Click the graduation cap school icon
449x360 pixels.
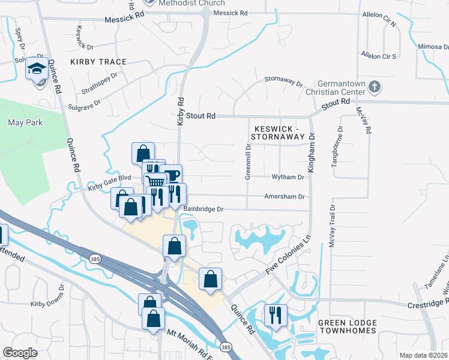point(37,70)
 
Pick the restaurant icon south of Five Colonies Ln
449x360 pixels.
point(276,314)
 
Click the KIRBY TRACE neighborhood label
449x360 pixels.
point(98,62)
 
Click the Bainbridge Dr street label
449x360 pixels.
point(203,209)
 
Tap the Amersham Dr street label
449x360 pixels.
point(285,196)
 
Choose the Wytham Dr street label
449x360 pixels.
point(288,177)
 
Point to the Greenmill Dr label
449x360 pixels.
point(247,161)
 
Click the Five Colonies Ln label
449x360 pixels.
point(289,256)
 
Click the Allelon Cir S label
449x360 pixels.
point(378,56)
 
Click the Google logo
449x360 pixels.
point(20,353)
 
